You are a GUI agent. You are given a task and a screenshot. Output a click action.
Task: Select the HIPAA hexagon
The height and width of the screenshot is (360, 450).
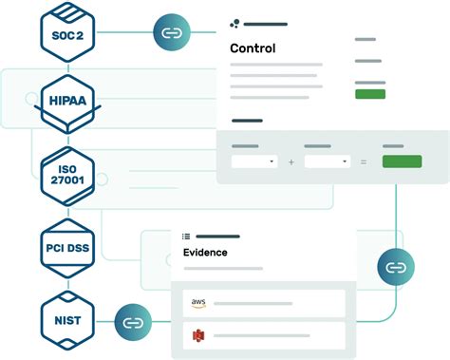(67, 99)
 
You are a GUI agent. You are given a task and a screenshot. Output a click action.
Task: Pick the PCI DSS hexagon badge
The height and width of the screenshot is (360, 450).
(67, 248)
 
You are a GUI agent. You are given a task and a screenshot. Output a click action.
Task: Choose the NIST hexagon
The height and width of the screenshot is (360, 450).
(67, 322)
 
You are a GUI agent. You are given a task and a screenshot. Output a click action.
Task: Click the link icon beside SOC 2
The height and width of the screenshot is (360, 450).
(171, 34)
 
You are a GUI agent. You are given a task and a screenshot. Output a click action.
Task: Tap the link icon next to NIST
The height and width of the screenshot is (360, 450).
(133, 322)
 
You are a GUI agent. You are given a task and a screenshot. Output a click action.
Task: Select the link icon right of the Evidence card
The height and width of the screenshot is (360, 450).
(395, 267)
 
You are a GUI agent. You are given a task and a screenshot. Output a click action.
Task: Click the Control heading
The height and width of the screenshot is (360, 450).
(253, 48)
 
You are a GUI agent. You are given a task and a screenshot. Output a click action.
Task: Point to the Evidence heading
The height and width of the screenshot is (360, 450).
(206, 253)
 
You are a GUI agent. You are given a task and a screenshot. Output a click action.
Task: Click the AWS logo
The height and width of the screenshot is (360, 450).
(197, 303)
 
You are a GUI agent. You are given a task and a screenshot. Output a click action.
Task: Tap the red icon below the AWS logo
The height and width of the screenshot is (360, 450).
(197, 334)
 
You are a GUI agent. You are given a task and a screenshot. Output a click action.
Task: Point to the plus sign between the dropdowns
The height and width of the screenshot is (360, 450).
(291, 162)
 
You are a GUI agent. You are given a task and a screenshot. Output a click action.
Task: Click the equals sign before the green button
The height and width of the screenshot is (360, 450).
(364, 162)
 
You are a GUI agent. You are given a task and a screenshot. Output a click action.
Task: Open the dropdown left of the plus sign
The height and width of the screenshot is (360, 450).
(254, 162)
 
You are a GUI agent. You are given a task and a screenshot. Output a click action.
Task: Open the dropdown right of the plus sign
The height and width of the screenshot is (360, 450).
(327, 162)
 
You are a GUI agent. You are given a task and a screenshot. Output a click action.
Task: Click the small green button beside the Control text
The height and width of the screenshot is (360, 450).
(369, 94)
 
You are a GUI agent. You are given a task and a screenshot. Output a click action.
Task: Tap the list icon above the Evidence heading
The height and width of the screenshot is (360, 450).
(186, 236)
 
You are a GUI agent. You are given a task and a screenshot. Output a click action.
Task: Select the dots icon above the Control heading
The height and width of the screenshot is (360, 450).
(234, 24)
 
